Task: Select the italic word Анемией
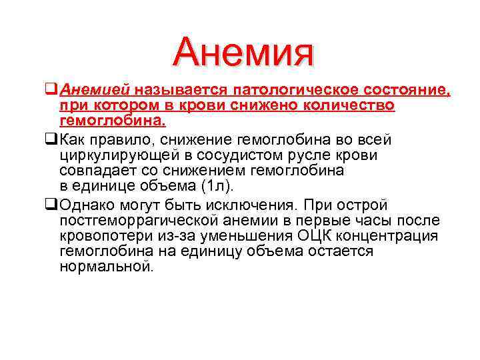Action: click(x=95, y=90)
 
